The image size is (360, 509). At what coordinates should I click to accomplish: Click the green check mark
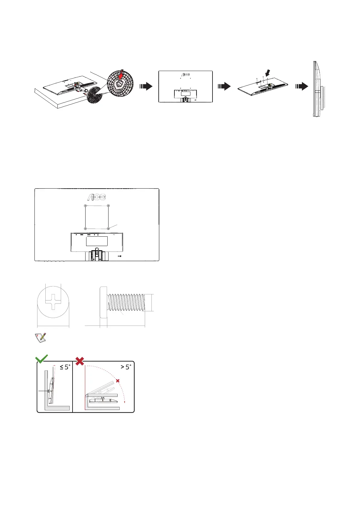click(x=41, y=359)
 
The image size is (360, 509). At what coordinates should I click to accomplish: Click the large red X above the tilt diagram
click(x=80, y=361)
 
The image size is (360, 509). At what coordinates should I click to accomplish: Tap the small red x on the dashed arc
click(x=118, y=381)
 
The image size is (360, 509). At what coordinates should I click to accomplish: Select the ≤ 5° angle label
click(x=65, y=367)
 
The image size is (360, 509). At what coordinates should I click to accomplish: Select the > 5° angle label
click(x=125, y=367)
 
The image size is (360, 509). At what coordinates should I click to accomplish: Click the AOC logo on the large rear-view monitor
click(x=97, y=197)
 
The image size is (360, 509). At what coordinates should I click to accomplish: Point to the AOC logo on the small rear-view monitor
click(x=186, y=74)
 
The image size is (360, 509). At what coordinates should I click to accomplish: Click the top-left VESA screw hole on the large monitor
click(x=86, y=206)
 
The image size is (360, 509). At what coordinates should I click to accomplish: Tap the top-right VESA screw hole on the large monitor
click(x=108, y=206)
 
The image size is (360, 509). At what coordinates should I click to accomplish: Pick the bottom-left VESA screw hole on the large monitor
click(x=86, y=229)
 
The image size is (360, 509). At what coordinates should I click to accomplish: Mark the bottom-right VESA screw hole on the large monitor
click(x=108, y=229)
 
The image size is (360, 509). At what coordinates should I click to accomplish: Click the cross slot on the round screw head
click(x=53, y=302)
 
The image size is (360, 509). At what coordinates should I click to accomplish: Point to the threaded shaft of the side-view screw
click(x=126, y=302)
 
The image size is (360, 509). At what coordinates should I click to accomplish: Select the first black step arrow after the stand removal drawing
click(x=146, y=86)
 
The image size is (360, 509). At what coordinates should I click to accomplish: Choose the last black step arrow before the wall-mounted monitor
click(x=302, y=86)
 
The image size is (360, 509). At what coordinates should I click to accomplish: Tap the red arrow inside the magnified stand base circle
click(x=122, y=74)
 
